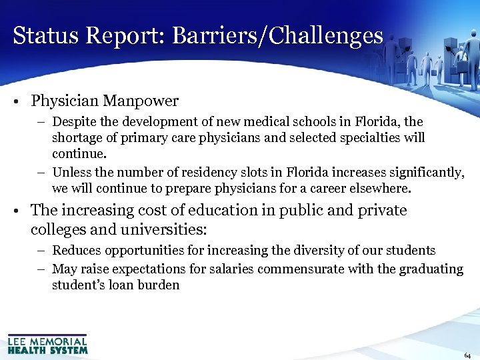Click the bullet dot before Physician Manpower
15,102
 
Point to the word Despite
73,123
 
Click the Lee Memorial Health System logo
47,343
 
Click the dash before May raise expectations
42,269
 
